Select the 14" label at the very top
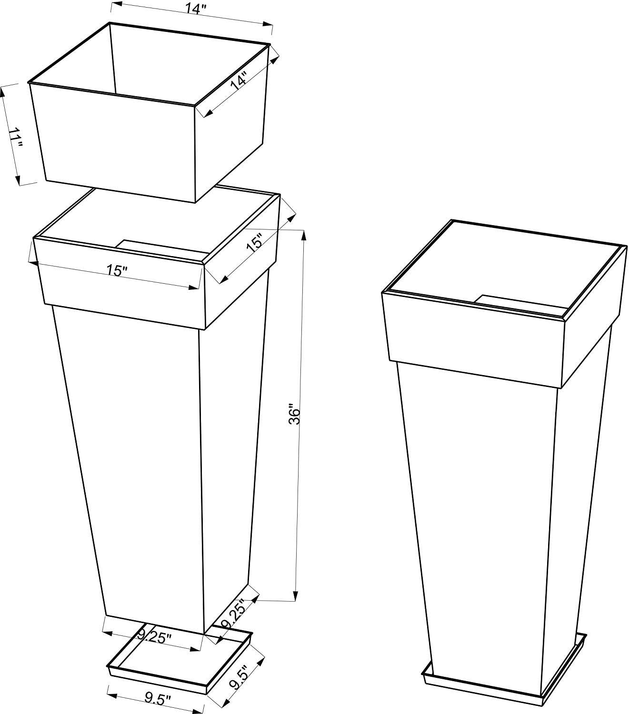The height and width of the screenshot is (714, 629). pos(196,9)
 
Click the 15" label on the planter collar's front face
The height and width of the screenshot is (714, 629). pos(117,271)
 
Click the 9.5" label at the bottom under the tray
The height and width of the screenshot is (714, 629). pos(158,699)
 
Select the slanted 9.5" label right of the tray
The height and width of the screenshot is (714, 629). pos(238,675)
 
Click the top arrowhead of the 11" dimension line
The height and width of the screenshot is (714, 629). pos(3,92)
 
